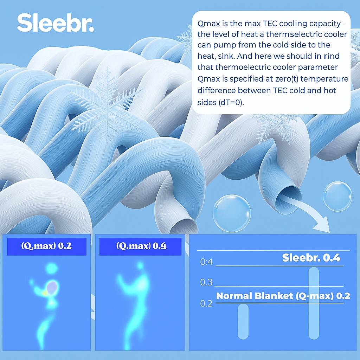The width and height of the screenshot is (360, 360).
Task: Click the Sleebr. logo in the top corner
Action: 56,22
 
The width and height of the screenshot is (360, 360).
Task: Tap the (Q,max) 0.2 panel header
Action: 47,246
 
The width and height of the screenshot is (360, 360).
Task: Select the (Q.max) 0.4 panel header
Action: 140,246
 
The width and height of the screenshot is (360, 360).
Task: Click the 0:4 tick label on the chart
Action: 206,262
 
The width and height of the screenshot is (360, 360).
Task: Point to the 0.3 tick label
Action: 206,282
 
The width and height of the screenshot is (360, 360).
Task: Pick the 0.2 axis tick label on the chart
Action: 206,303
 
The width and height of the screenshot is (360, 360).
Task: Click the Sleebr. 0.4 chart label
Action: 311,258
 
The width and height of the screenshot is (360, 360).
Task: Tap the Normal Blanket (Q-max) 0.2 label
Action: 283,296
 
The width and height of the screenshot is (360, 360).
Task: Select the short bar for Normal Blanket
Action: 243,321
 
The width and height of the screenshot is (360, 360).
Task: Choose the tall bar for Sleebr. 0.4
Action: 314,303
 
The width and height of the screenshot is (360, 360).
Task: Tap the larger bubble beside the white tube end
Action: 232,213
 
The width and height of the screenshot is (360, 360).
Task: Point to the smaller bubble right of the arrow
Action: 337,196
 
